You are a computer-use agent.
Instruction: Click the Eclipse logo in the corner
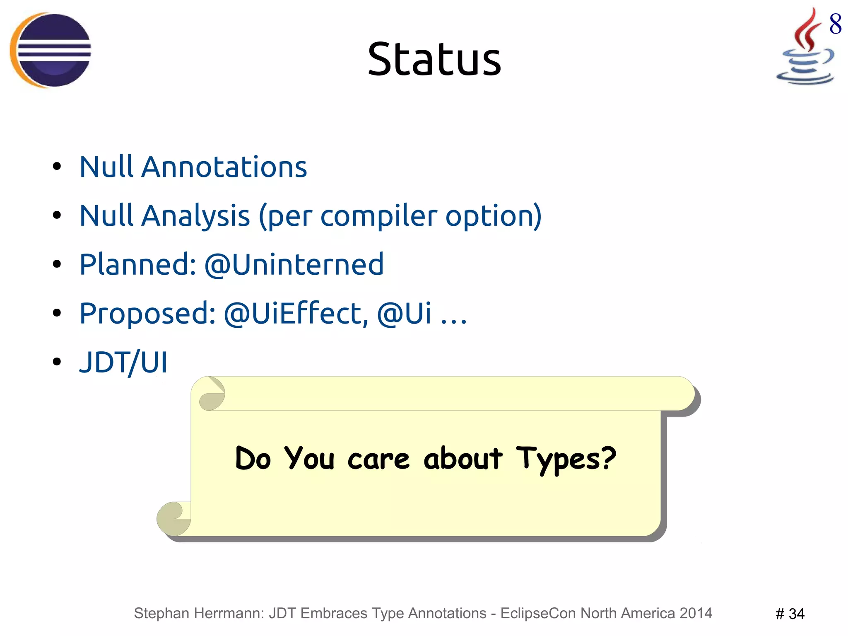(x=51, y=50)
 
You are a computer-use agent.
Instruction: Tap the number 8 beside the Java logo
(x=835, y=24)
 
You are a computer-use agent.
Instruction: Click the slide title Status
(x=434, y=60)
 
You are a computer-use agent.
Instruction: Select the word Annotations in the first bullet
(x=224, y=167)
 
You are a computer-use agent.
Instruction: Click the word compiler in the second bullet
(x=378, y=216)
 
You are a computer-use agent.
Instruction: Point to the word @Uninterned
(x=294, y=264)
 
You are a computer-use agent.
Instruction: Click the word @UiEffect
(x=296, y=313)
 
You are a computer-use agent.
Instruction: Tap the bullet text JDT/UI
(x=123, y=362)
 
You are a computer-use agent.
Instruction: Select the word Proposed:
(x=147, y=313)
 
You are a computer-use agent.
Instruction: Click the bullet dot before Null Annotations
(x=57, y=167)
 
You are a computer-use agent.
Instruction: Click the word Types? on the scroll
(x=566, y=459)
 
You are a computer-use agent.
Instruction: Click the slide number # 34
(x=790, y=614)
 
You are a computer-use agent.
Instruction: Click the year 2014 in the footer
(x=696, y=613)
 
